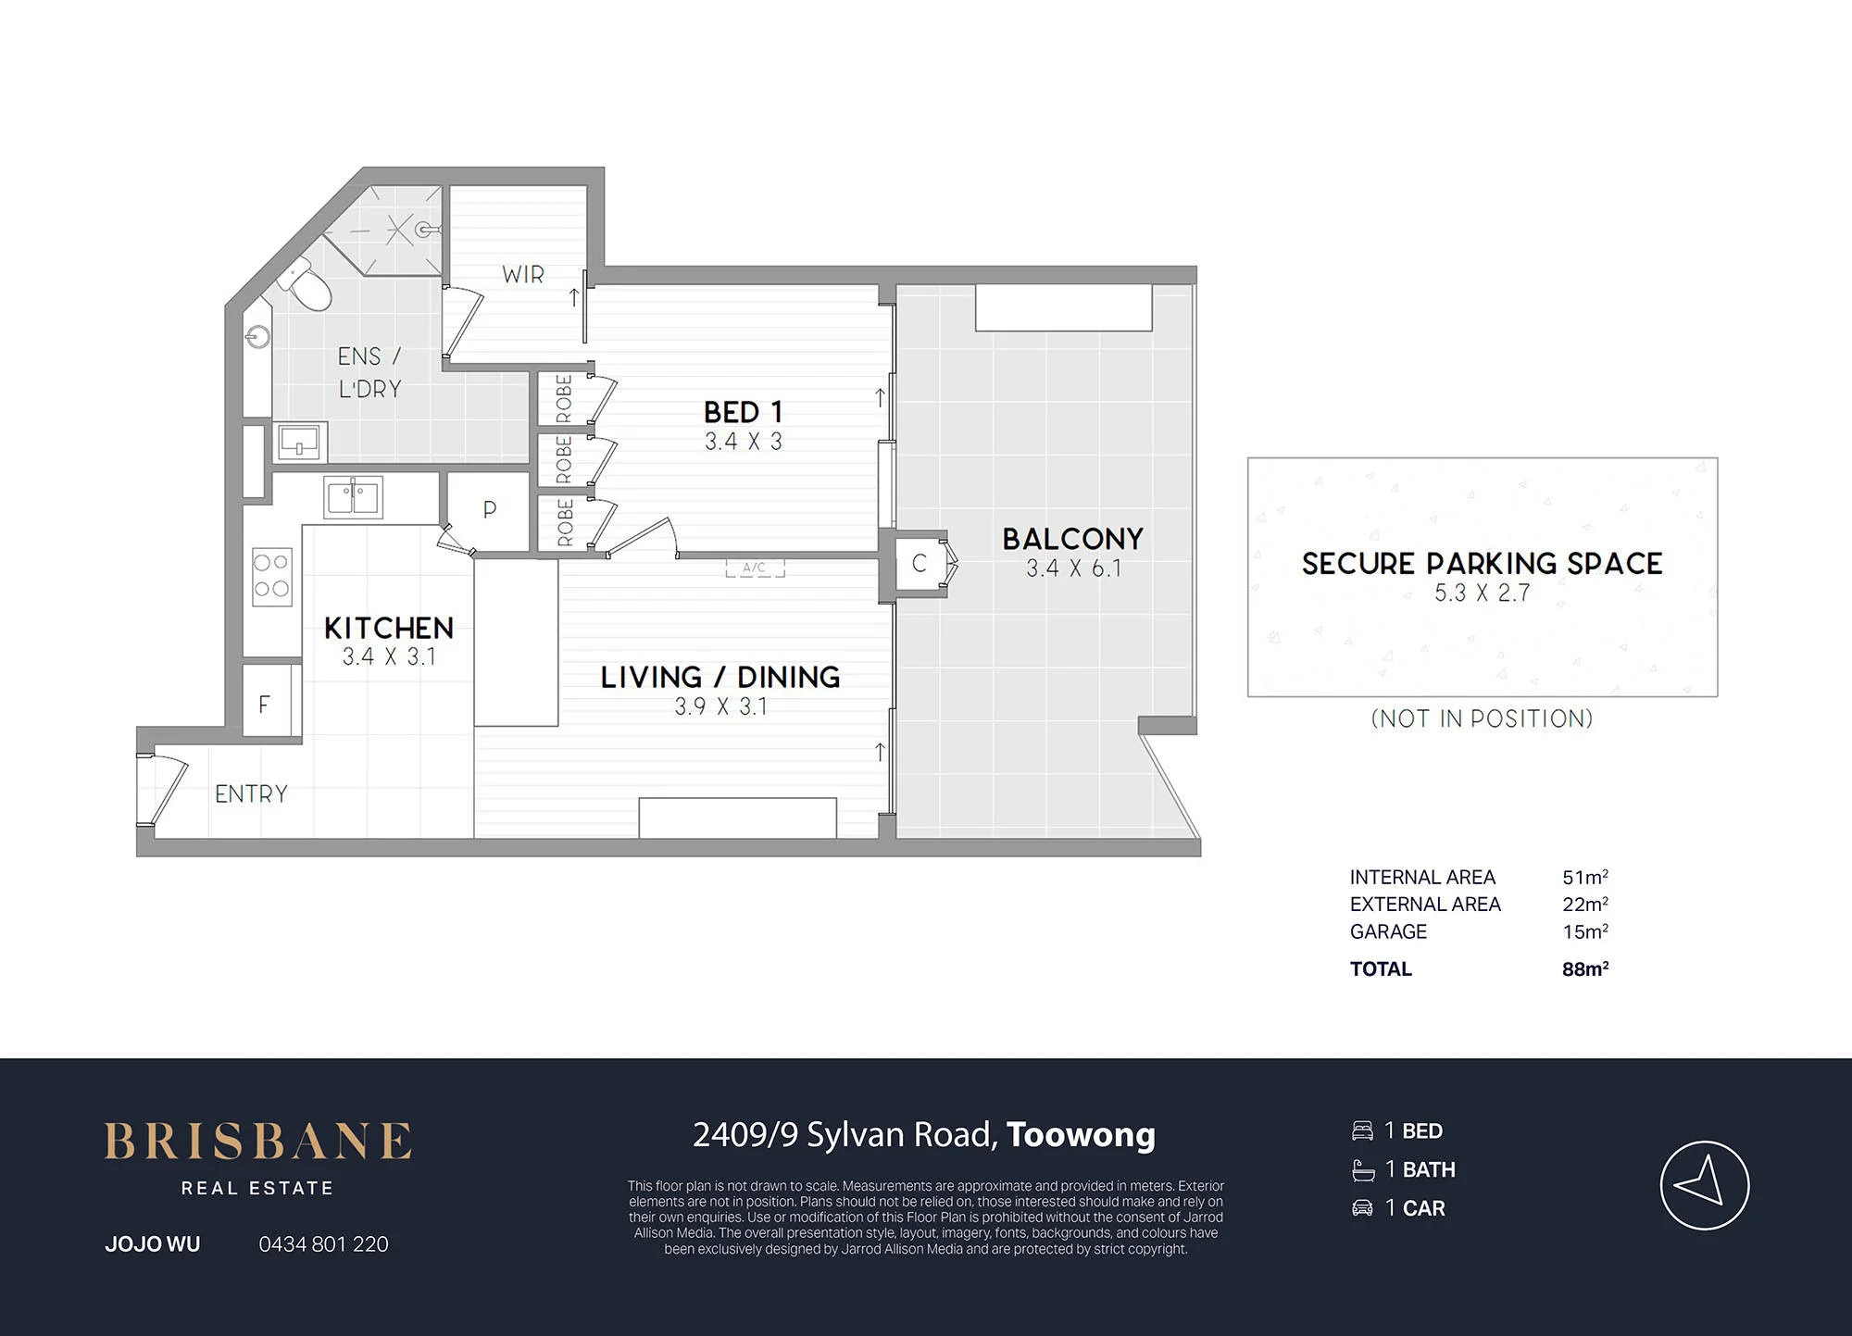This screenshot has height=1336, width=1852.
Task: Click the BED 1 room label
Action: (x=743, y=411)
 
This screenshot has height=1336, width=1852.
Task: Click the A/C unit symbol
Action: (x=755, y=568)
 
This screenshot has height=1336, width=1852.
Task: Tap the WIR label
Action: (x=523, y=275)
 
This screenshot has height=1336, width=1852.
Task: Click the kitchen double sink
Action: (x=353, y=498)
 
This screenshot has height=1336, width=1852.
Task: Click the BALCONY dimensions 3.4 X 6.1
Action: (x=1073, y=568)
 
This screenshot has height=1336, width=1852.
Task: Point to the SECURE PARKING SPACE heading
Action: (x=1482, y=564)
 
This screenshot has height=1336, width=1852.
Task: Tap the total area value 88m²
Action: (x=1585, y=969)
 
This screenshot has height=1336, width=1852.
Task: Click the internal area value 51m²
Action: (x=1585, y=877)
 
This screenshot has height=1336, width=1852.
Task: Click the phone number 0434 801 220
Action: (x=323, y=1244)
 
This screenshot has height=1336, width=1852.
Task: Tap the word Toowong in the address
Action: (x=1081, y=1135)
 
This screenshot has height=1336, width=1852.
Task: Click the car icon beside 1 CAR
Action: (x=1362, y=1208)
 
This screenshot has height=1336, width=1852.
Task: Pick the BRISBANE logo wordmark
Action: (x=257, y=1142)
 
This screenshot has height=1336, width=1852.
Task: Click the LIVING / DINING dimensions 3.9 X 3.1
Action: (x=720, y=707)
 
